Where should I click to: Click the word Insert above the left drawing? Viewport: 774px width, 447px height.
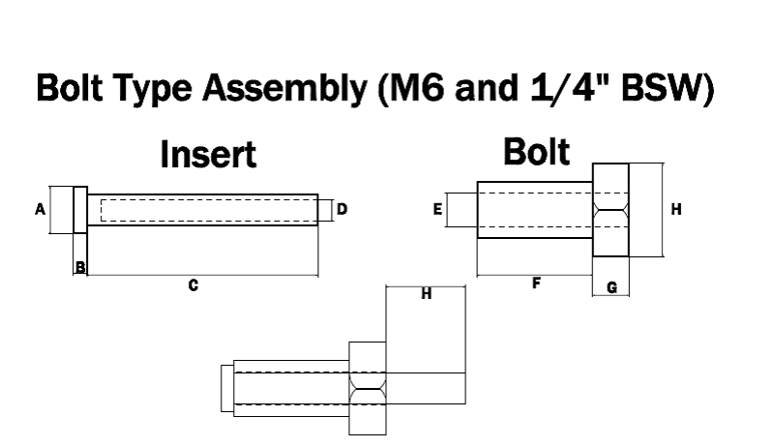pos(209,154)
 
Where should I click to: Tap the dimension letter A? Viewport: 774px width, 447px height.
pos(40,209)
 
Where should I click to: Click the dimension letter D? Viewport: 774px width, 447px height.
pos(342,209)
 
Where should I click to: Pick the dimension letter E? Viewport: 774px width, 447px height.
pos(438,208)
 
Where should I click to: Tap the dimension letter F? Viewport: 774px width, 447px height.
pos(535,283)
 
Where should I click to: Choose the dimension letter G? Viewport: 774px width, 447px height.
pos(611,288)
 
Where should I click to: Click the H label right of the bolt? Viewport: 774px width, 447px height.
pos(676,209)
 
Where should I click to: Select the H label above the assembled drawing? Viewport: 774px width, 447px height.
pos(426,293)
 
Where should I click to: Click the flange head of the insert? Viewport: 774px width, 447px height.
pos(80,209)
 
